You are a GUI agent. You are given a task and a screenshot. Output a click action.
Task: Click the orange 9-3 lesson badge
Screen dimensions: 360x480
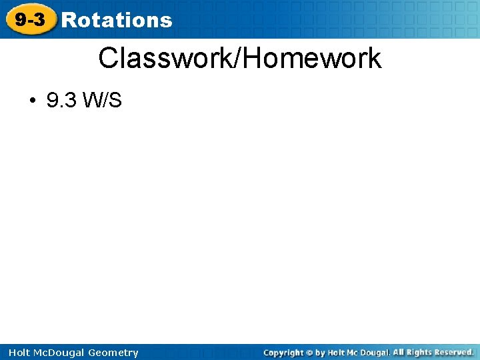(x=31, y=20)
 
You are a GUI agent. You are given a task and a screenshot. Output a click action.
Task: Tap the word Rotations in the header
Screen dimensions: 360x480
(x=116, y=20)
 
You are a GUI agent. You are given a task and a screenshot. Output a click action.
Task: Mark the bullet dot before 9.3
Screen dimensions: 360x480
(x=31, y=101)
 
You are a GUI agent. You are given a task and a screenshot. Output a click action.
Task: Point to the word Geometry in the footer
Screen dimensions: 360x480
(x=113, y=353)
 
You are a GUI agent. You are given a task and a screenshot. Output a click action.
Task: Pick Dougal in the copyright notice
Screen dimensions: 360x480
(x=375, y=353)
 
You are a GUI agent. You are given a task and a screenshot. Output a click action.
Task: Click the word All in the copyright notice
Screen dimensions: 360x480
(x=399, y=352)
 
